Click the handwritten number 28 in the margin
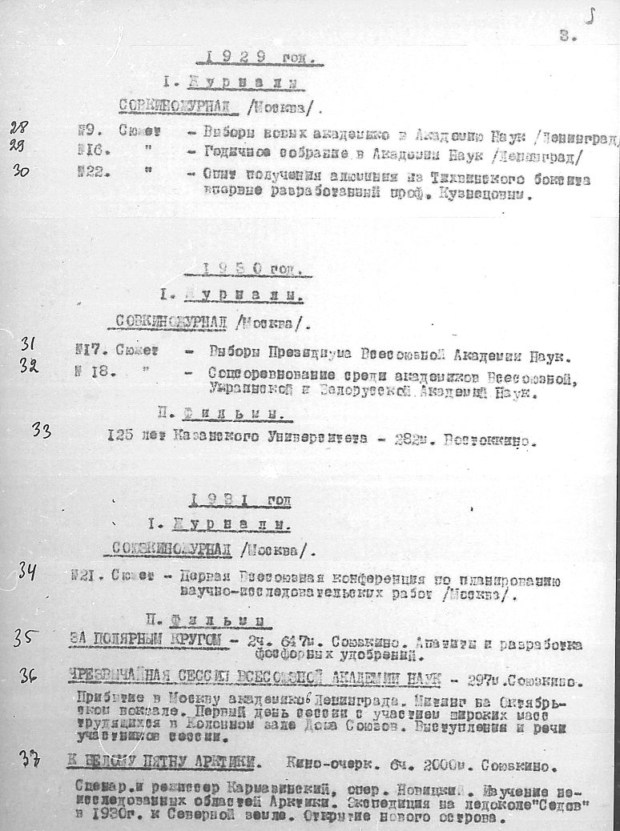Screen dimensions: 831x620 pyautogui.click(x=18, y=126)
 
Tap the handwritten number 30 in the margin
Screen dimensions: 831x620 pyautogui.click(x=33, y=171)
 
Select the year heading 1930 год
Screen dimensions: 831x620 pyautogui.click(x=252, y=271)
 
